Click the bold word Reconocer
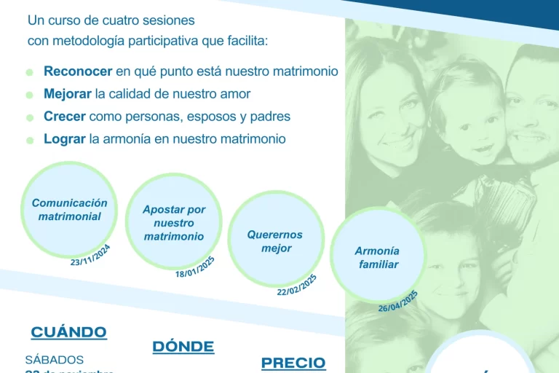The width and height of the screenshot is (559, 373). tap(78, 71)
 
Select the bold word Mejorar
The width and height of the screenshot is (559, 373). tap(68, 94)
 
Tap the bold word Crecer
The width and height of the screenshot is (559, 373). tap(65, 117)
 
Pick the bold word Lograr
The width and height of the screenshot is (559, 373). tap(65, 138)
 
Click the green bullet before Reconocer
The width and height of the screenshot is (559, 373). tap(29, 73)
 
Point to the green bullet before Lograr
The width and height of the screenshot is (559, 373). tap(29, 140)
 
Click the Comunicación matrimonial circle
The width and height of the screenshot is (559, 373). tap(69, 210)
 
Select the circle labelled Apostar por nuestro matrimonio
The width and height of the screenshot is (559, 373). tap(174, 222)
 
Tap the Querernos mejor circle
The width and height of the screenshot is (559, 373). tap(275, 240)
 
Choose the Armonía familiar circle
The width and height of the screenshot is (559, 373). tap(378, 257)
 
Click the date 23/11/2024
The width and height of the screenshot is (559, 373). tap(90, 256)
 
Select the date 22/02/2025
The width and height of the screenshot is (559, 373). tap(297, 285)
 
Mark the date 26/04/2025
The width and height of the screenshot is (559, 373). tap(398, 301)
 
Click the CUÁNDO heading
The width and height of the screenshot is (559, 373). tap(68, 332)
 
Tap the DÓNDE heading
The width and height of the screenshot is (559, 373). tap(183, 346)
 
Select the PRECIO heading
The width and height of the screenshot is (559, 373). tap(293, 362)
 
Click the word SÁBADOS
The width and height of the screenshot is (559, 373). tap(55, 359)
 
